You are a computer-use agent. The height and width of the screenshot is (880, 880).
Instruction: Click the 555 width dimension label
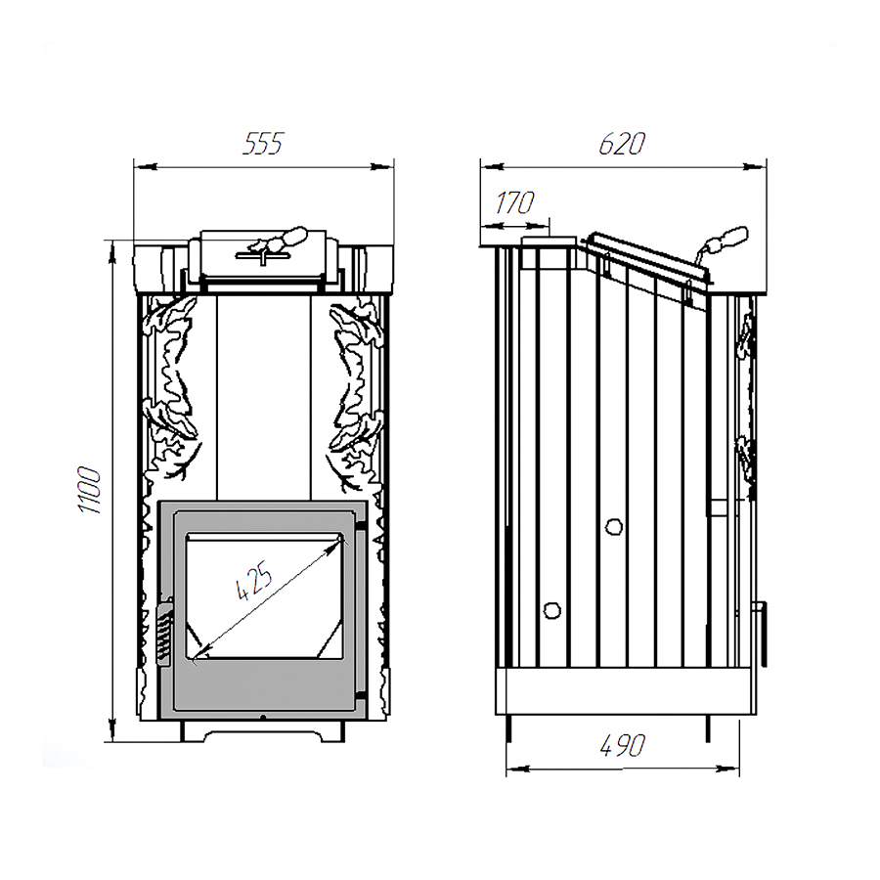tap(264, 143)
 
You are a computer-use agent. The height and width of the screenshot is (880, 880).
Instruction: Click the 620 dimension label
tap(622, 144)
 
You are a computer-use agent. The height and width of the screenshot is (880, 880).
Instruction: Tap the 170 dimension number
tap(514, 202)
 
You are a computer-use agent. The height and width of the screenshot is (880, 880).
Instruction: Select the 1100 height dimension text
tap(90, 490)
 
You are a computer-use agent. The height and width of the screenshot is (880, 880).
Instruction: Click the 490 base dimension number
tap(623, 745)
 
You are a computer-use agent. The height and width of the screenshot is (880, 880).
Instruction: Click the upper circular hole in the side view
tap(615, 526)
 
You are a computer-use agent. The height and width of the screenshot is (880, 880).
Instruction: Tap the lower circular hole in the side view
tap(552, 610)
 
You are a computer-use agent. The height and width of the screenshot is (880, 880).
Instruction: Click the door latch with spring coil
tap(163, 631)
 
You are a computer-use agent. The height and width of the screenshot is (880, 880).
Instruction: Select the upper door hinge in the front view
tap(361, 527)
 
